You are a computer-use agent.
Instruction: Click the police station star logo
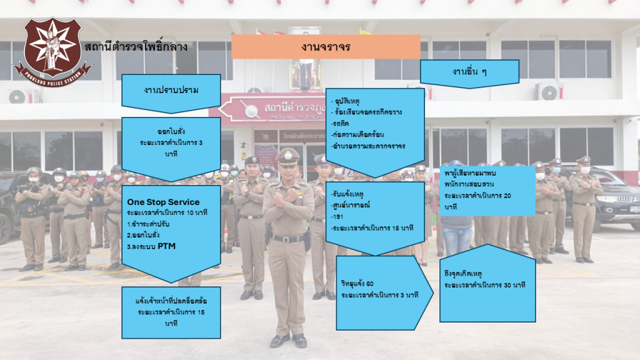(x=51, y=50)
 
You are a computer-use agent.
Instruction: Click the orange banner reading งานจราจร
(x=326, y=47)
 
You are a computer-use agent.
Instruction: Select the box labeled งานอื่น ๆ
(x=469, y=72)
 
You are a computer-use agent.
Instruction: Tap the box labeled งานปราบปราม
(x=171, y=90)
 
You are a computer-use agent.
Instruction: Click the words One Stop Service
(x=163, y=202)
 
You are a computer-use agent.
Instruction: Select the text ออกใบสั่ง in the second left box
(x=171, y=132)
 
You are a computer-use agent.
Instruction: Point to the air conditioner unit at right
(x=549, y=92)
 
